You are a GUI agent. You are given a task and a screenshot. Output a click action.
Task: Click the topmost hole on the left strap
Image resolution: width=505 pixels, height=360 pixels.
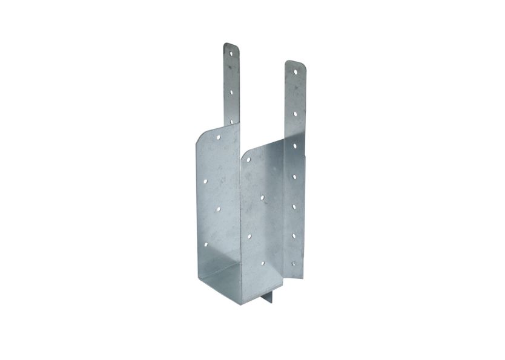coord(230,54)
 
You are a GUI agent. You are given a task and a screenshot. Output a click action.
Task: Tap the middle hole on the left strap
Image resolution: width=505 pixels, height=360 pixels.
coord(231,88)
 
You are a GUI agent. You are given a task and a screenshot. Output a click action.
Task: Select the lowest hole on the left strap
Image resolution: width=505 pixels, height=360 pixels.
coord(231,121)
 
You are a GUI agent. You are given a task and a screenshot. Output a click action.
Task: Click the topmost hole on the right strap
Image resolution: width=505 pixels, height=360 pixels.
coord(296,73)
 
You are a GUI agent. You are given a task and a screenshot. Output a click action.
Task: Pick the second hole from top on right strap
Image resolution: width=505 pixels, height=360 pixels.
coord(295,113)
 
